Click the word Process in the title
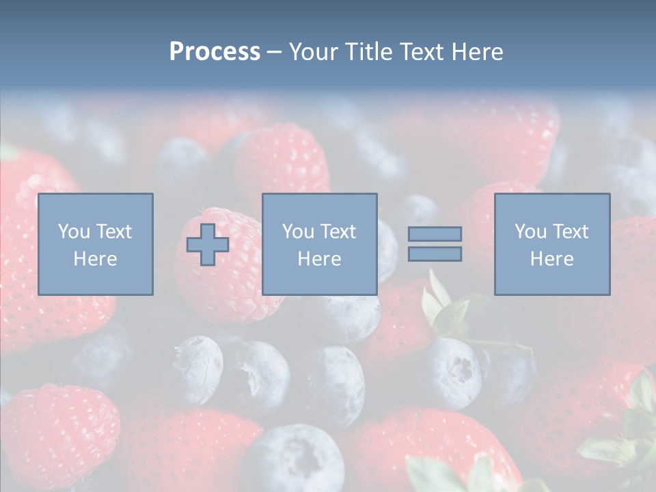(x=215, y=52)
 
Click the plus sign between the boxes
(x=208, y=245)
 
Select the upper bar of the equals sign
(x=435, y=234)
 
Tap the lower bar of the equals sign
(x=435, y=254)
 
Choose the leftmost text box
(x=95, y=244)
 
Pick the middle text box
(x=319, y=244)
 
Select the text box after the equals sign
(x=551, y=244)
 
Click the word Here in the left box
(x=95, y=259)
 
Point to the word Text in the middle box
(x=338, y=232)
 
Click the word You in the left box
(x=74, y=232)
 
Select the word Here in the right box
(x=551, y=259)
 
